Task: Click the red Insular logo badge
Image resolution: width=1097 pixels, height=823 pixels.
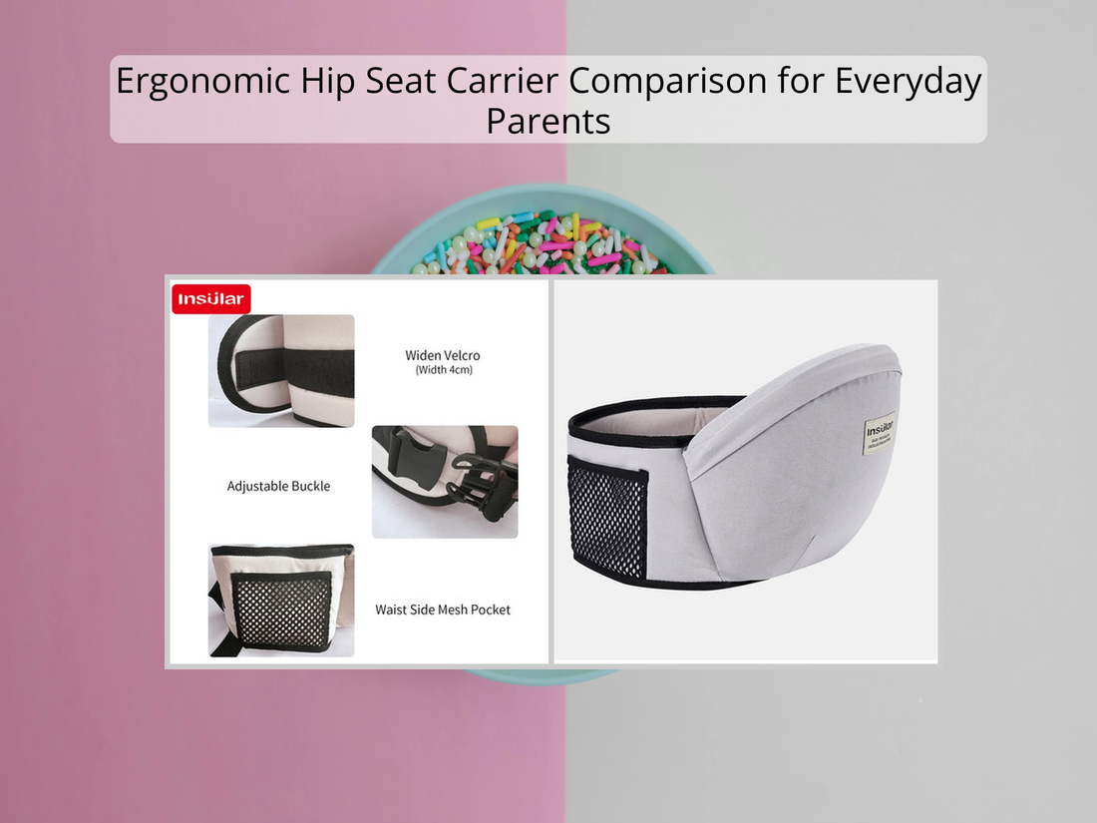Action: tap(210, 299)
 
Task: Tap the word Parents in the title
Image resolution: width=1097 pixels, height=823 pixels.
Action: tap(548, 121)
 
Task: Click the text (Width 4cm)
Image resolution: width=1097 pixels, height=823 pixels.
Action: tap(443, 370)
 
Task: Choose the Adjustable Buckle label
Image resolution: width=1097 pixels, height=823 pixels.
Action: tap(278, 487)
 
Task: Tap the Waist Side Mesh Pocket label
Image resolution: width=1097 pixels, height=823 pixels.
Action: tap(443, 609)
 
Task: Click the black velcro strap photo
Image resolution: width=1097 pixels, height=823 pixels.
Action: tap(281, 371)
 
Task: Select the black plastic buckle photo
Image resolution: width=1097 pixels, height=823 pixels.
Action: tap(445, 482)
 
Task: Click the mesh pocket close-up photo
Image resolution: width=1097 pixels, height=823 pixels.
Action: tap(281, 601)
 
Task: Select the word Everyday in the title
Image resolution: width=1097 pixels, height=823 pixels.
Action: tap(910, 81)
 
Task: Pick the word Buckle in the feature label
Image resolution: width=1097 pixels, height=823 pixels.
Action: tap(306, 487)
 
